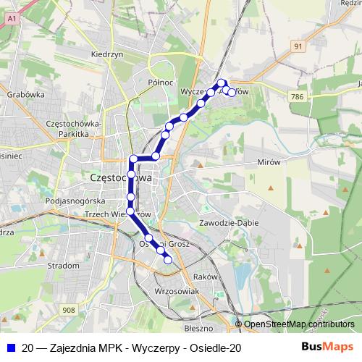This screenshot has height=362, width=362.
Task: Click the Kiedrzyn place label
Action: click(x=104, y=54)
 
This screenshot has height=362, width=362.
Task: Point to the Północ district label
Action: click(x=160, y=83)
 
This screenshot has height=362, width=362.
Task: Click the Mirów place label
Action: click(x=268, y=162)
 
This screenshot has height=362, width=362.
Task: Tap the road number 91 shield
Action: click(x=298, y=46)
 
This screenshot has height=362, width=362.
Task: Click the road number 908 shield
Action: click(x=68, y=310)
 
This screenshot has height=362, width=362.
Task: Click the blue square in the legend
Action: click(x=11, y=348)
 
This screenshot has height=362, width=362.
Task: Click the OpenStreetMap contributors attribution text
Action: click(x=299, y=324)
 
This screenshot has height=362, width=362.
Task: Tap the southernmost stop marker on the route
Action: click(x=168, y=261)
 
